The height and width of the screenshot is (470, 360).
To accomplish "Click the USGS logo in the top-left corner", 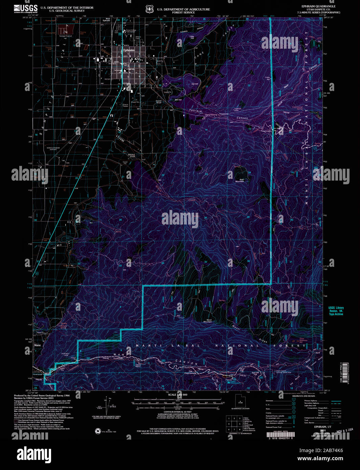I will (26, 9).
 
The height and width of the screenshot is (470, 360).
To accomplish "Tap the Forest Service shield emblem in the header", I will (149, 9).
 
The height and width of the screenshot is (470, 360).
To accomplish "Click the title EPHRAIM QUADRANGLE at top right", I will (318, 6).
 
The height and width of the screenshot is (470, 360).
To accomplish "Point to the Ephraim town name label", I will (129, 50).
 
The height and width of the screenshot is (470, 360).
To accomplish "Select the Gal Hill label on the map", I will (195, 84).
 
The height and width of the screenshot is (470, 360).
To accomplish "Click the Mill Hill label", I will (178, 100).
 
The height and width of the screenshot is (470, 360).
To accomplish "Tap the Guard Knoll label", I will (159, 101).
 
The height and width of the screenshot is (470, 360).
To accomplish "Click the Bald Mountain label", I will (240, 181).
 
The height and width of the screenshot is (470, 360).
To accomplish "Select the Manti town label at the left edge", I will (37, 345).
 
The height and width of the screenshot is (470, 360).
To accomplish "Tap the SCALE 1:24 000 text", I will (178, 395).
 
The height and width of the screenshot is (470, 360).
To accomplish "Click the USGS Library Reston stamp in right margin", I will (336, 311).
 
